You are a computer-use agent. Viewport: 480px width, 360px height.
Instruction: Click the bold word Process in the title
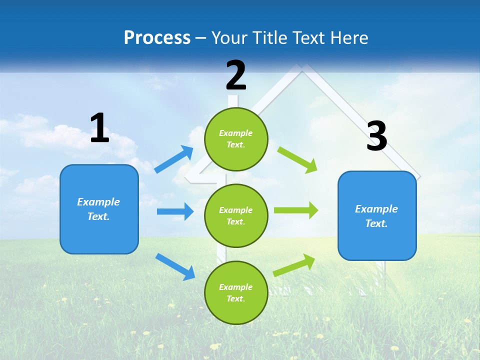click(x=157, y=37)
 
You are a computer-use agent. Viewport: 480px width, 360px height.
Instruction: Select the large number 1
click(x=99, y=128)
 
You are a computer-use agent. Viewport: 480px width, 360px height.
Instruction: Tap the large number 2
click(x=236, y=75)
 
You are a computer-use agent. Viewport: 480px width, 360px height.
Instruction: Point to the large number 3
click(x=376, y=136)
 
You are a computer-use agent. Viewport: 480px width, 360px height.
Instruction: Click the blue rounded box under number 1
click(x=99, y=209)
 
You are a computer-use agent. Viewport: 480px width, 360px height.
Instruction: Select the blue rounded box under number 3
click(x=377, y=215)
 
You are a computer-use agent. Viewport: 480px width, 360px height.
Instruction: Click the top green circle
click(x=236, y=139)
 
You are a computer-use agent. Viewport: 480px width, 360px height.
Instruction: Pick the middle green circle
click(x=236, y=215)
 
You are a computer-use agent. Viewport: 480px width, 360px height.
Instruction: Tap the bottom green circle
click(x=236, y=292)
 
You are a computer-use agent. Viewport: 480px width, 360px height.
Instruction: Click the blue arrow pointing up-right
click(x=174, y=159)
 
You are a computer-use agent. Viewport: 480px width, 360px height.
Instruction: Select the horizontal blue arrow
click(x=175, y=211)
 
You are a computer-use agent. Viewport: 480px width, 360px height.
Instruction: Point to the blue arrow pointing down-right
click(x=175, y=266)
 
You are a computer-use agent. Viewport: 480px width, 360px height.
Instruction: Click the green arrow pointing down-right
click(x=297, y=160)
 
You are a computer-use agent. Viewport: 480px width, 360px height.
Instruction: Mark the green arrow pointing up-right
click(x=294, y=265)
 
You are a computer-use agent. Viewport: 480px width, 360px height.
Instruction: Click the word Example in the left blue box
click(x=98, y=202)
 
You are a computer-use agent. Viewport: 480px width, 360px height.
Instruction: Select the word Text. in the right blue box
click(x=376, y=223)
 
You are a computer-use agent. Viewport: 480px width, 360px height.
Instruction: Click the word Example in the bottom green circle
click(x=236, y=287)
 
